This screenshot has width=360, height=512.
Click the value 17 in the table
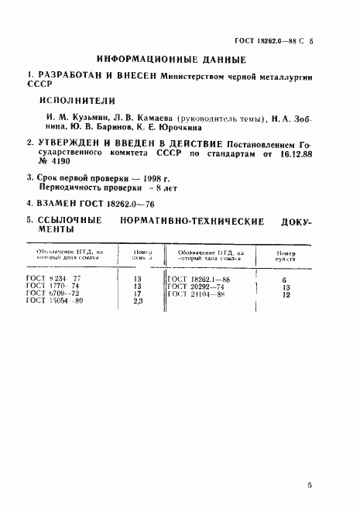pos(139,294)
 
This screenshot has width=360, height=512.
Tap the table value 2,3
pos(139,302)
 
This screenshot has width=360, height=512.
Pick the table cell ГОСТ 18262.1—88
pos(198,280)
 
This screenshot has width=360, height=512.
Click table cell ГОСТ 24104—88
pos(198,294)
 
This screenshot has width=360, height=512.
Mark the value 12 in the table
pos(286,294)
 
